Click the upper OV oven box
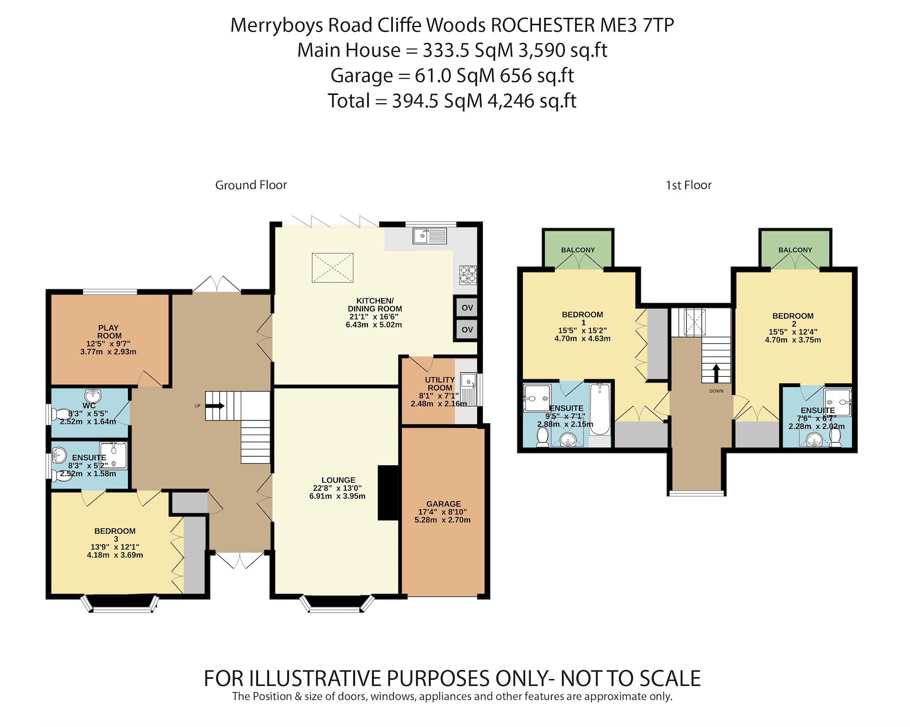[466, 308]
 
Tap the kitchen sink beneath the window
[429, 236]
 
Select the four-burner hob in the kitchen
[467, 275]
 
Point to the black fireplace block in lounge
[388, 492]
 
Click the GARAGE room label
[443, 504]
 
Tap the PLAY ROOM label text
[109, 332]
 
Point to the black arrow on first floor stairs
[716, 373]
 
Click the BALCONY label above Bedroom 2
[795, 250]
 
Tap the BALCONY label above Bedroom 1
[578, 250]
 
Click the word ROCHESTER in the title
[543, 25]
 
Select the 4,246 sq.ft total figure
[531, 101]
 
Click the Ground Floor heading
[251, 185]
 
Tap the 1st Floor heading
[688, 185]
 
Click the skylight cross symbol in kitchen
[333, 268]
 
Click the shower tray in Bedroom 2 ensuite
[837, 402]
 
